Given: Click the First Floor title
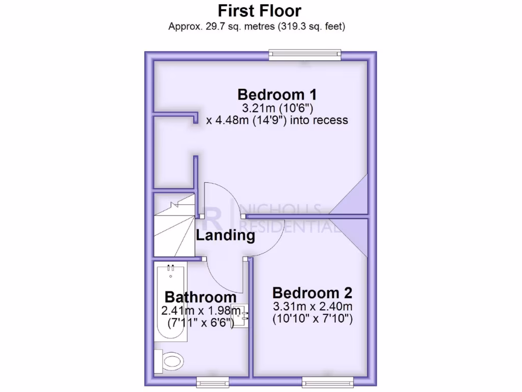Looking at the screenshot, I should click(x=259, y=10).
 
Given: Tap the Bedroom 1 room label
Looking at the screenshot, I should click(x=277, y=94).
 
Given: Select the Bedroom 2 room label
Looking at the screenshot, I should click(x=312, y=293).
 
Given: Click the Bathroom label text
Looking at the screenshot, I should click(x=200, y=297).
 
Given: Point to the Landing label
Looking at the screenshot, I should click(x=225, y=236).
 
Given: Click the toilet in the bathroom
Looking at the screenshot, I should click(x=170, y=361).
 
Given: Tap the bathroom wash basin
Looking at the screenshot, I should click(x=239, y=315).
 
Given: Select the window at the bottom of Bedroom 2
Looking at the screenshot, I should click(x=327, y=382).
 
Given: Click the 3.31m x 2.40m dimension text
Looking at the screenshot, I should click(x=312, y=307).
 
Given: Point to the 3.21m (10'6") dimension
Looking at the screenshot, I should click(x=277, y=108).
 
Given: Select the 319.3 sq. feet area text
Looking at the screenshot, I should click(x=312, y=26).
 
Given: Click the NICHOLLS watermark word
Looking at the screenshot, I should click(x=280, y=209).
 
